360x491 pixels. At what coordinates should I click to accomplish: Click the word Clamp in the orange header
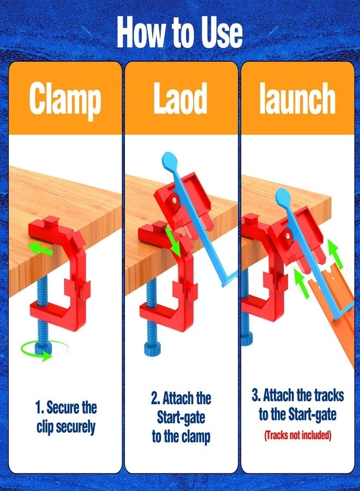(x=65, y=100)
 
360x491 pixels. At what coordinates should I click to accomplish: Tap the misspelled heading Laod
(x=181, y=100)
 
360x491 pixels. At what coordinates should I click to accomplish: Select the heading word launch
(x=297, y=100)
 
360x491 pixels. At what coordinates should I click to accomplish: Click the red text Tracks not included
(x=298, y=435)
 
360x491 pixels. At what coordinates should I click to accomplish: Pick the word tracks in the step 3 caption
(x=319, y=395)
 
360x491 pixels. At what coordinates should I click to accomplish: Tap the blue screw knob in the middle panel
(x=151, y=348)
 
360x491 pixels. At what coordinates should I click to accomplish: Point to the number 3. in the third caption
(x=256, y=395)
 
